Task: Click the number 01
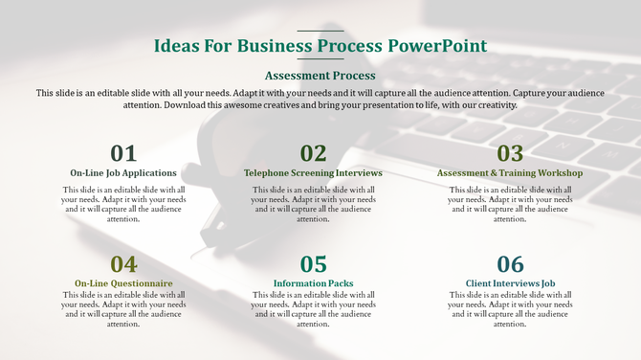point(123,153)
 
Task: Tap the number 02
point(313,153)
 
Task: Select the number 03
point(510,153)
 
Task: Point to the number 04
point(123,264)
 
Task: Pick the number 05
point(313,264)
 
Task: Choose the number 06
point(510,264)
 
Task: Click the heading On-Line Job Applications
point(123,173)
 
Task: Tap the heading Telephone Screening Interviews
point(313,173)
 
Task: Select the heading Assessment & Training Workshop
point(510,173)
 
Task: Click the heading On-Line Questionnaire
point(123,283)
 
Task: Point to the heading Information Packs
point(313,283)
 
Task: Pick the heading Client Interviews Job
point(510,283)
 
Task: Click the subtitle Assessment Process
point(320,75)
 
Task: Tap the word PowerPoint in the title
point(437,46)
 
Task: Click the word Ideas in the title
point(178,46)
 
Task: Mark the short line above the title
point(320,31)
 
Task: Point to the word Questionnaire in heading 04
point(142,283)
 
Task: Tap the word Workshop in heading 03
point(561,173)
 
